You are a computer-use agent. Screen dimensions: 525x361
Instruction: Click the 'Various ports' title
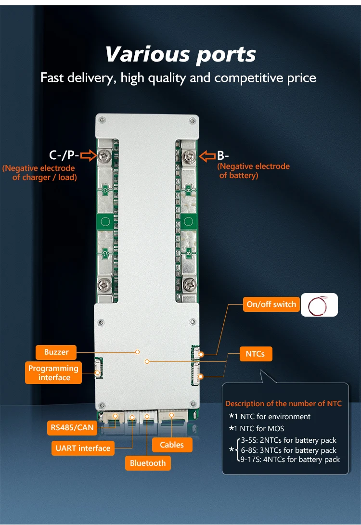pos(180,54)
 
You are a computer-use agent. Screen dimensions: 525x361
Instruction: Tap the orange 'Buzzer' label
pos(56,352)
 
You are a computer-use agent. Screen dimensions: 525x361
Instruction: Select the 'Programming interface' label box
pos(53,373)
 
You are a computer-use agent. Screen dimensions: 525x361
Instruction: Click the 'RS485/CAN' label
pos(72,427)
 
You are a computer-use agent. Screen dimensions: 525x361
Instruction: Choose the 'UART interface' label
pos(82,448)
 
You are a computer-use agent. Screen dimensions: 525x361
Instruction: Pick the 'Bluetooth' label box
pos(148,463)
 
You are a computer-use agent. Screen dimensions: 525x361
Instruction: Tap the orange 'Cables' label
pos(172,445)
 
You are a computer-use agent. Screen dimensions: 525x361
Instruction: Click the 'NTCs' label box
pos(255,354)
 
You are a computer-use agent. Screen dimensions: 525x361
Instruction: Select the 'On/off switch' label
pos(271,304)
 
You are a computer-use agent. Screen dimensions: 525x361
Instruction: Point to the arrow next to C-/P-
pos(88,155)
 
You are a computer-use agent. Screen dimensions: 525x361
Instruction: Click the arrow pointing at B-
pos(207,155)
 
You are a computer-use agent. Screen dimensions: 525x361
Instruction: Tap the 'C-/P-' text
pos(64,155)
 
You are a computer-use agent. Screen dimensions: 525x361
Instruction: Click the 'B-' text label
pos(223,155)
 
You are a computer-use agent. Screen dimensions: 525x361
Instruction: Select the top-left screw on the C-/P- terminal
pos(104,155)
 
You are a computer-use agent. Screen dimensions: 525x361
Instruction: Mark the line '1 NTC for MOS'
pos(259,428)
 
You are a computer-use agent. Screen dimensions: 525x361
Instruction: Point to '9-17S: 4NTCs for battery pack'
pos(290,460)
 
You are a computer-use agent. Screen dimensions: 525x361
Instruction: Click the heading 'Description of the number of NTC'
pos(283,404)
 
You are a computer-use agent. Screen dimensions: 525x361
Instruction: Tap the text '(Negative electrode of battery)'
pos(254,171)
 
